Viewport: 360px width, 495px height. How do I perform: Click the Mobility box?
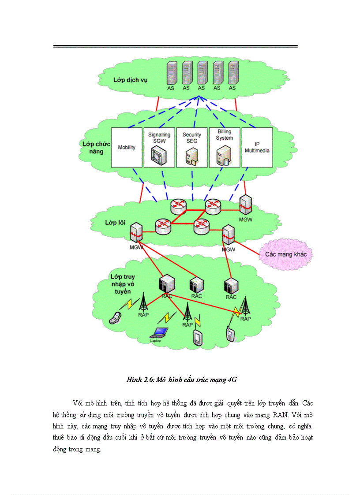coord(127,148)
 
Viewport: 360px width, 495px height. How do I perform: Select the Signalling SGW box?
coord(159,148)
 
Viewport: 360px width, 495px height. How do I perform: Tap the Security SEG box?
coord(192,148)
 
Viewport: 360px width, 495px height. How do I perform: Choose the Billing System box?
coord(225,148)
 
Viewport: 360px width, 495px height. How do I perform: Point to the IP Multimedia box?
coord(257,148)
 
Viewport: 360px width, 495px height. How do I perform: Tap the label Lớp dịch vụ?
coord(130,80)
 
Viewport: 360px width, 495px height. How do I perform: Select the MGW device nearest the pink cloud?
coord(228,235)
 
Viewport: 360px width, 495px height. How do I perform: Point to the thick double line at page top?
coord(176,46)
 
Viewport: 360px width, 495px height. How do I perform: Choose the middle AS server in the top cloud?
coord(202,74)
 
